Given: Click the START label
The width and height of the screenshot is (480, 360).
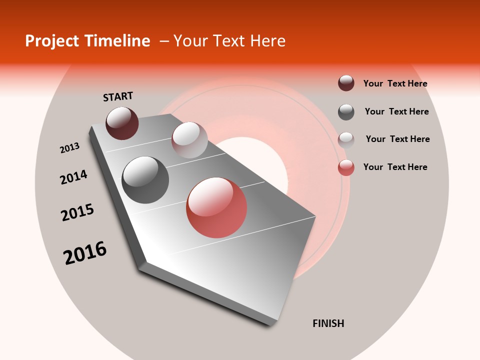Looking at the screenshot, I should coord(118,96).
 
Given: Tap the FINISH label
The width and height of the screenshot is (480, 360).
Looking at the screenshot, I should coord(328,323).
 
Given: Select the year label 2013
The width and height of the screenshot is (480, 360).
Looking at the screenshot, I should coord(69,148).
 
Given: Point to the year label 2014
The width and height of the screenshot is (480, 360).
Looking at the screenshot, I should coord(73,177).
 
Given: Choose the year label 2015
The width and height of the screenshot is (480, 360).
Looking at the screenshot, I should coord(77,212).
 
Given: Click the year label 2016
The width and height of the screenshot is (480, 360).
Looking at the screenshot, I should coord(85,252).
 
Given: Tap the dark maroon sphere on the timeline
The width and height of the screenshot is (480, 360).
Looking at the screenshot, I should coord(122,123).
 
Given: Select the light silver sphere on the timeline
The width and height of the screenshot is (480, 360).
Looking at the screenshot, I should coord(189,140).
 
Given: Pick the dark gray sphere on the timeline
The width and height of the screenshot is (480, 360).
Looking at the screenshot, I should coord(145,180).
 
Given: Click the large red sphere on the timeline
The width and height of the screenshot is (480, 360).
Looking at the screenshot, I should coord(216,207).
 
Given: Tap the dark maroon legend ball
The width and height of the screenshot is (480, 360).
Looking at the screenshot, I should coord(346,83).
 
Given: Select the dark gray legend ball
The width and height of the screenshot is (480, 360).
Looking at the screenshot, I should coord(346,112).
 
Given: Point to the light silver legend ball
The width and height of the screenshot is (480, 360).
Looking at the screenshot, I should coord(346,139).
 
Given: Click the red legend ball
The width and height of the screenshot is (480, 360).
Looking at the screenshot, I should coord(346,167).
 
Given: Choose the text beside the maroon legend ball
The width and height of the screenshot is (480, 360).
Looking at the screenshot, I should coord(395,84).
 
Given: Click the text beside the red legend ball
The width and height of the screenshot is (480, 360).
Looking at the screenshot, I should coord(395,167).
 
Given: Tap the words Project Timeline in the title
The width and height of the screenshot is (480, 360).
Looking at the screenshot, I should coord(87,41).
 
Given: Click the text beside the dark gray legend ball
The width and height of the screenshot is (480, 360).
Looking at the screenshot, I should coord(396,111).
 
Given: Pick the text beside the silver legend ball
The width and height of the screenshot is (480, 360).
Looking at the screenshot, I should coord(397,139).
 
